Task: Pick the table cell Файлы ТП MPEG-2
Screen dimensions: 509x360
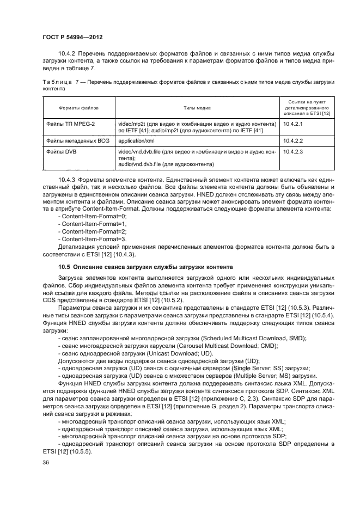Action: pos(70,125)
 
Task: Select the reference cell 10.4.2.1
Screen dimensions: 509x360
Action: pos(293,125)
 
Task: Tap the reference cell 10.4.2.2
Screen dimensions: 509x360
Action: pos(293,140)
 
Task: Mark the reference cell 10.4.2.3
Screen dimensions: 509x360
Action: pos(293,152)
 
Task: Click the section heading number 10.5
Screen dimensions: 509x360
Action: pos(64,267)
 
